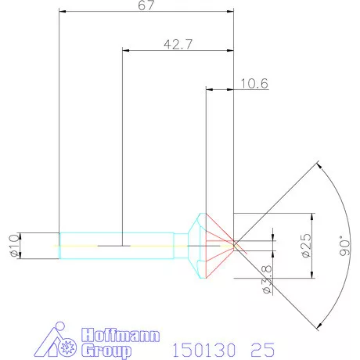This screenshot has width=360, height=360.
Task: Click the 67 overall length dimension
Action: (146, 5)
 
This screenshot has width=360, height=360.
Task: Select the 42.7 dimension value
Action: (178, 45)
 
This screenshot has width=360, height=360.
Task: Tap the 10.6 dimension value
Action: (254, 84)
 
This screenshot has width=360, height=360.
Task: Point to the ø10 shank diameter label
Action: (15, 246)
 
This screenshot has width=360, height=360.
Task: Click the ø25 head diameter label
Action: (307, 246)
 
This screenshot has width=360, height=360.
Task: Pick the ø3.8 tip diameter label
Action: (267, 279)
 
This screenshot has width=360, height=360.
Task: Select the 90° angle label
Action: (345, 246)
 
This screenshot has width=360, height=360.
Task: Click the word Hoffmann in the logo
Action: (121, 335)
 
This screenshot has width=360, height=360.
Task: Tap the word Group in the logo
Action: (106, 351)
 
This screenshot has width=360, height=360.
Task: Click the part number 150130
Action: (204, 350)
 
